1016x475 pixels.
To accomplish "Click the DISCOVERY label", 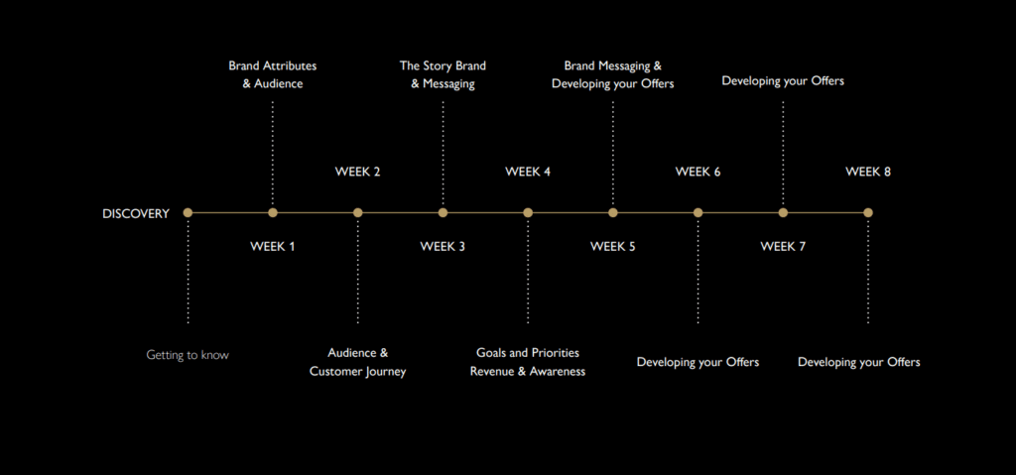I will click(x=136, y=213).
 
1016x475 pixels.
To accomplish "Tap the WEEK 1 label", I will click(x=273, y=246).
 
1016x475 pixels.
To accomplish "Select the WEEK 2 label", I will click(x=357, y=172).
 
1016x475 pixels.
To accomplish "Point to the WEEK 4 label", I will click(x=528, y=172).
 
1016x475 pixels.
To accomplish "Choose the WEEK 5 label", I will click(x=612, y=246).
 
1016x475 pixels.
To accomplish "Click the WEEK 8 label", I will click(x=868, y=172).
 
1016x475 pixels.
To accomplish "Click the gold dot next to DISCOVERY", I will click(x=188, y=212).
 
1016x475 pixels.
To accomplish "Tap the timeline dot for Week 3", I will click(x=443, y=212).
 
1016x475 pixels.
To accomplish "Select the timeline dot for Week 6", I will click(x=698, y=212).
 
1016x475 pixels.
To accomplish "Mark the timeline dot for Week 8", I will click(x=868, y=212).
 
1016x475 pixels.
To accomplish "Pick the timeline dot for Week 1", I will click(x=273, y=212).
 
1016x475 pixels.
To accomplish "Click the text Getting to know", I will click(x=188, y=355).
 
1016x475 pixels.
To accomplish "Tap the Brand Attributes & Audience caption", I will click(x=273, y=74).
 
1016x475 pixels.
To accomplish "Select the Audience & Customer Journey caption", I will click(x=357, y=362).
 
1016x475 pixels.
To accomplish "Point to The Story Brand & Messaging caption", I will click(x=443, y=74).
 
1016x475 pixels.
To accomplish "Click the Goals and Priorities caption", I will click(x=528, y=353).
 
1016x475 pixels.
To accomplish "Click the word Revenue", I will click(x=492, y=372).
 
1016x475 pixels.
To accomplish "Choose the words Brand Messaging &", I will click(x=612, y=66).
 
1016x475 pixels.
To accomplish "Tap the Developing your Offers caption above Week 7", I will click(x=783, y=80).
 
